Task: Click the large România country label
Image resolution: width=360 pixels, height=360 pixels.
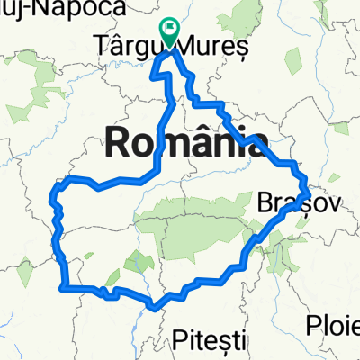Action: [x=187, y=141]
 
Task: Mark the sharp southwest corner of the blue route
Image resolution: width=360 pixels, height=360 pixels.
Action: [x=62, y=287]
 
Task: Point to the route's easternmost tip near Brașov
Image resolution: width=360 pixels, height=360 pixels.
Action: [x=309, y=192]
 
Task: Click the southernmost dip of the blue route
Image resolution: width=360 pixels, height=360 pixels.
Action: [x=156, y=307]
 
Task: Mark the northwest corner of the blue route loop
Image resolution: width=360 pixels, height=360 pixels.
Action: [x=58, y=184]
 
